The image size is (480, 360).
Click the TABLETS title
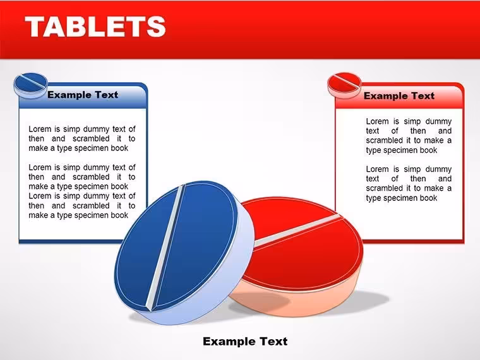[x=95, y=27]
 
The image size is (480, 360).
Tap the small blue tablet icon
[x=31, y=85]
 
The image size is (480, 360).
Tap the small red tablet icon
[x=344, y=85]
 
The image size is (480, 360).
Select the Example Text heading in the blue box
[x=83, y=95]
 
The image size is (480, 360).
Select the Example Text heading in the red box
[x=399, y=96]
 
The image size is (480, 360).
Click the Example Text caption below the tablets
[x=245, y=341]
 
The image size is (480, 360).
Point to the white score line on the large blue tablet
[x=165, y=248]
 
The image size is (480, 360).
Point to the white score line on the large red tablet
[x=297, y=231]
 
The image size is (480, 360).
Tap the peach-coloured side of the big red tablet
[x=306, y=303]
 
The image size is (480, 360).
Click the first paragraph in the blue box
[x=81, y=139]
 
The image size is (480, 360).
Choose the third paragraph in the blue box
[x=81, y=206]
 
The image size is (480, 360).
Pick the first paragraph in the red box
[x=409, y=136]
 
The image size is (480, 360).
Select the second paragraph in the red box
[x=409, y=183]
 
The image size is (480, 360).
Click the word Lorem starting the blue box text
[x=40, y=129]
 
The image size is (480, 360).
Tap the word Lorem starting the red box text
[x=378, y=121]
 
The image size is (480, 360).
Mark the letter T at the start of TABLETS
[x=35, y=27]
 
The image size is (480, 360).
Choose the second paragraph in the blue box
[x=81, y=177]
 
